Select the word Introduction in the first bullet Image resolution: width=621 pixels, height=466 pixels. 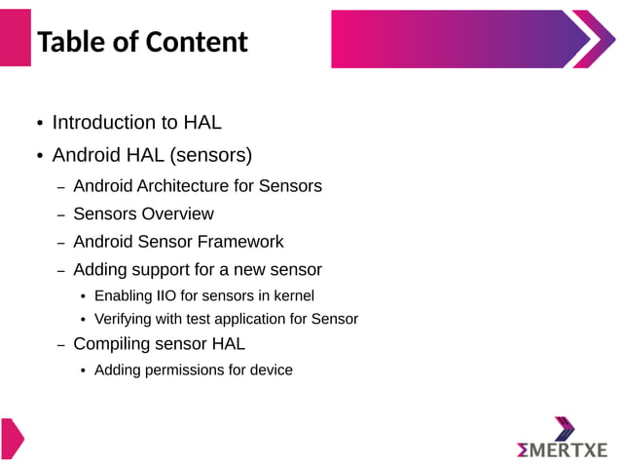pos(102,123)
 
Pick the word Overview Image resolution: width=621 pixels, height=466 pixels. pos(178,214)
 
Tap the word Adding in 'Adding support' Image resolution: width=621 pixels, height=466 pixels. pos(99,269)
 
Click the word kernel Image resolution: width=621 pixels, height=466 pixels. pos(293,295)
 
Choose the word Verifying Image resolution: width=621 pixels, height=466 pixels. pos(126,319)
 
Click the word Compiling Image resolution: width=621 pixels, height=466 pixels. pos(113,344)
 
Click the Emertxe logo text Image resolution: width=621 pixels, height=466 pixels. pos(562,449)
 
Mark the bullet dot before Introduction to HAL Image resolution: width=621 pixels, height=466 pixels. pos(40,124)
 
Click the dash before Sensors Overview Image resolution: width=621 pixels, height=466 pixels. pos(60,215)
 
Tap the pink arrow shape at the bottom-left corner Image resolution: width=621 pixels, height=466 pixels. pos(11,438)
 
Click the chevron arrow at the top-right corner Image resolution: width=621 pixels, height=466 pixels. pos(592,39)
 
